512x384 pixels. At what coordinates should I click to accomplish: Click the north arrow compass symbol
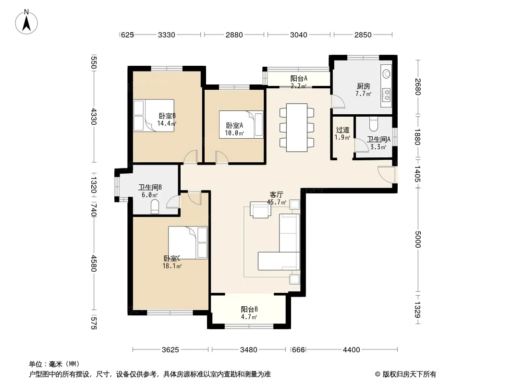pos(26,22)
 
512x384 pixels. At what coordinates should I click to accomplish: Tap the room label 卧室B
pos(167,116)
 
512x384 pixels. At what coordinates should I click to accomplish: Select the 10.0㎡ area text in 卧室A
pos(234,133)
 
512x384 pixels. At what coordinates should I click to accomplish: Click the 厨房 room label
pos(364,86)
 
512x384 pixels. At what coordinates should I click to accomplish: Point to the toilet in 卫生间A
pos(374,123)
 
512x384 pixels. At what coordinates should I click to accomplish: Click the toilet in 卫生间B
pos(155,207)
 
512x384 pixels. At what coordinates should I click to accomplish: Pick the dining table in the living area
pos(297,128)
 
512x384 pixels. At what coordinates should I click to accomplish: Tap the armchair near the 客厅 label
pos(260,209)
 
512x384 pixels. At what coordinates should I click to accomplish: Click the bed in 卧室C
pos(188,243)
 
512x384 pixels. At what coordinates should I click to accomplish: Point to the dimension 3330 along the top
pos(167,35)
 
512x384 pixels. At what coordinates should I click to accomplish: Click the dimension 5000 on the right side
pos(418,239)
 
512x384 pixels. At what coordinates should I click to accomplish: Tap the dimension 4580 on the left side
pos(94,264)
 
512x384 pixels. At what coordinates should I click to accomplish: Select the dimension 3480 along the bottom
pos(248,350)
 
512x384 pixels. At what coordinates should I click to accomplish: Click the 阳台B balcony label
pos(249,309)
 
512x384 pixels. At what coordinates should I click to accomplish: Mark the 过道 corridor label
pos(342,130)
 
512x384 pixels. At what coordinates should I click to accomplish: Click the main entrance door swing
pos(386,175)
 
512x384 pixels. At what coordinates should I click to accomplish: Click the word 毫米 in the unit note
pos(56,364)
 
